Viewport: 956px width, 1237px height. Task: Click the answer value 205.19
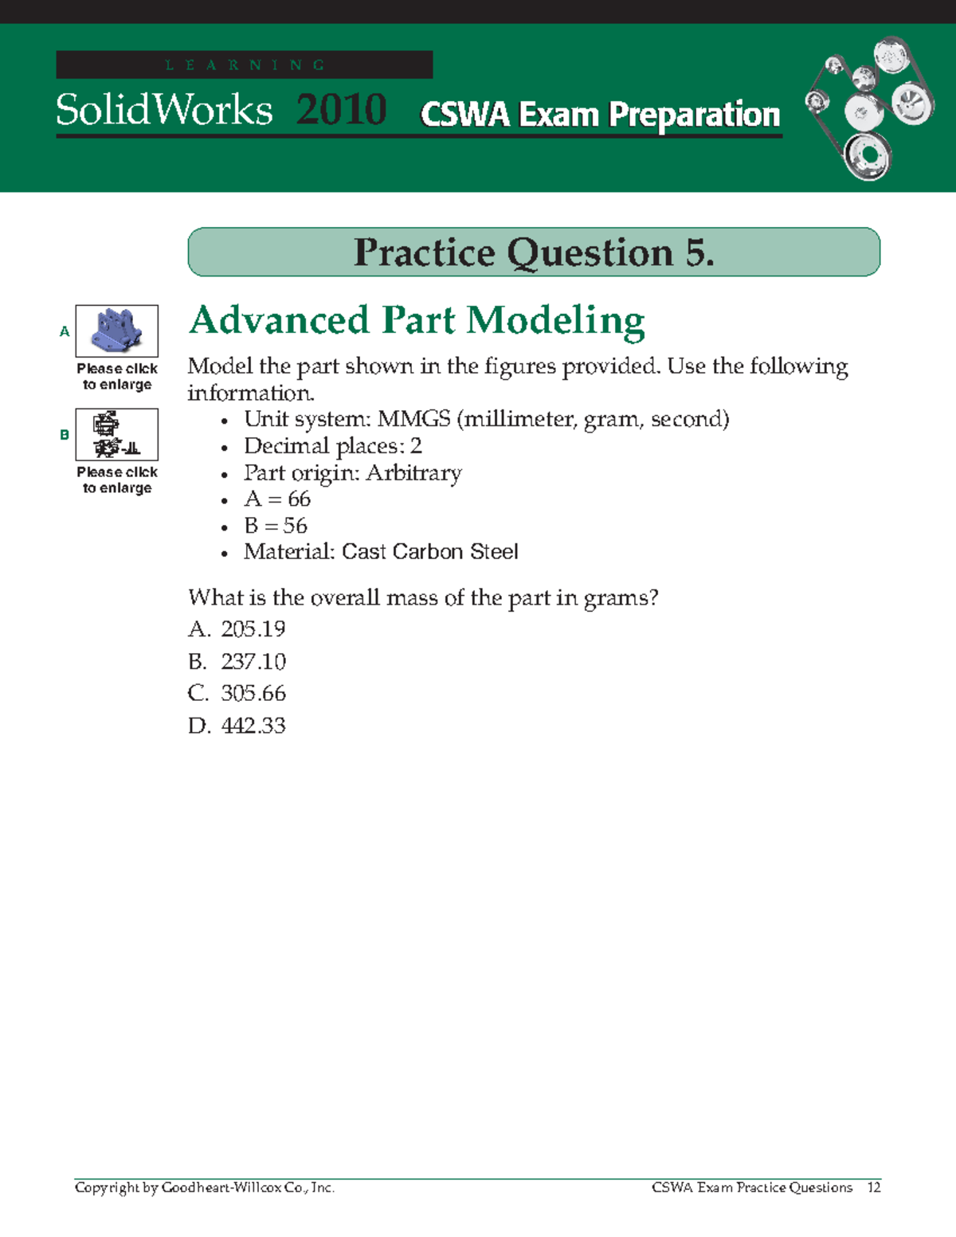pos(253,629)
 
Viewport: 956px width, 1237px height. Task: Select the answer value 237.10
pos(253,661)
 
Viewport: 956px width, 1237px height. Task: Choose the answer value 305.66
pos(253,693)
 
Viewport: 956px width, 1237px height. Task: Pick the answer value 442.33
pos(253,726)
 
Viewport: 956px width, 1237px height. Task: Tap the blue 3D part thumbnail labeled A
pos(117,331)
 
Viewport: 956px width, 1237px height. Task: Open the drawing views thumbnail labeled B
pos(117,434)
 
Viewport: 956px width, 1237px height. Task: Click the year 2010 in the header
pos(341,109)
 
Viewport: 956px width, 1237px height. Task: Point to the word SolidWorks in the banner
pos(164,109)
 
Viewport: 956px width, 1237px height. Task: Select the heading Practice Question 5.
pos(534,252)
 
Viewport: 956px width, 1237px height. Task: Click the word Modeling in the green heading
pos(555,321)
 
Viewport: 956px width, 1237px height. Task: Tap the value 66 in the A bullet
pos(299,499)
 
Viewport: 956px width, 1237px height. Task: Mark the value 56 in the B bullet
pos(295,526)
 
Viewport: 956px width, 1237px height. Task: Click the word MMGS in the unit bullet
pos(413,419)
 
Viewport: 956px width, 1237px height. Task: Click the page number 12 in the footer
pos(874,1188)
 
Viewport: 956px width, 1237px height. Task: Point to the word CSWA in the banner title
pos(464,115)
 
